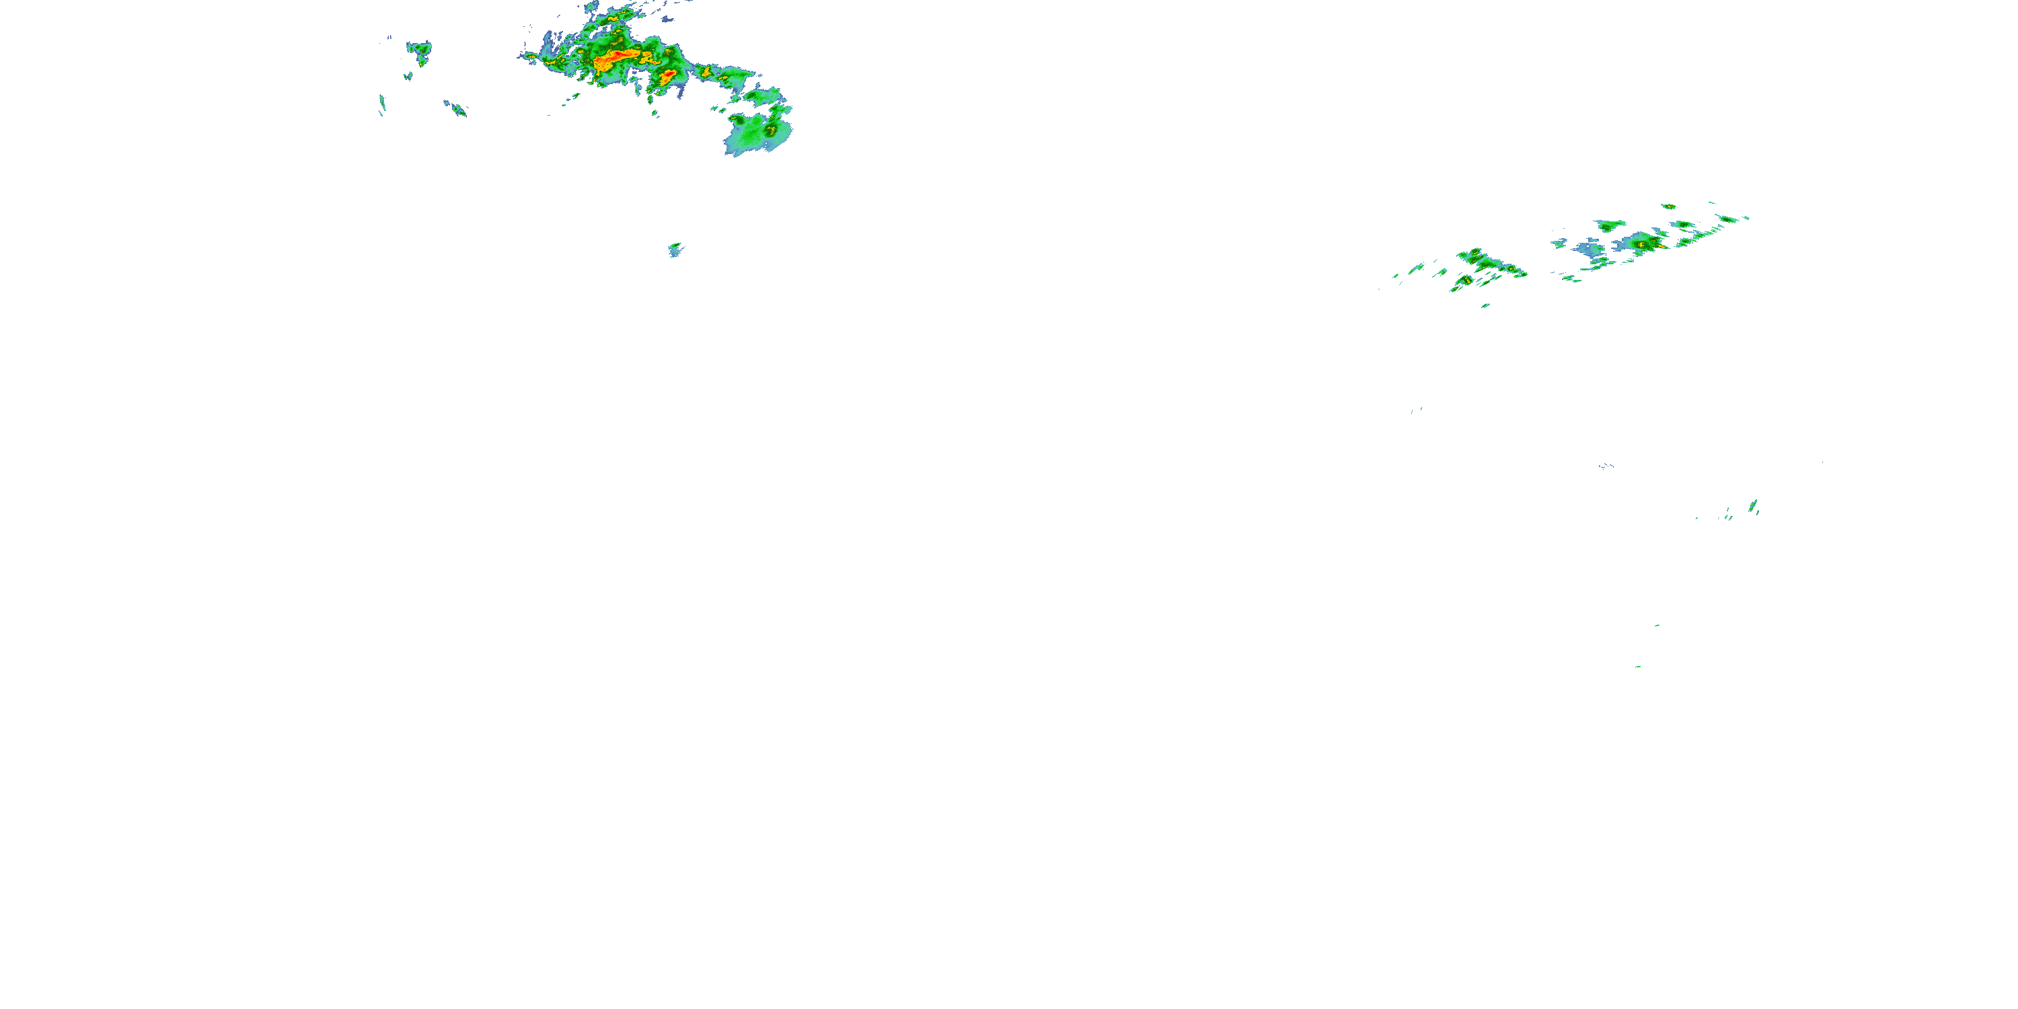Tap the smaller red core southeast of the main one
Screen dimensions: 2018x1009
tap(668, 75)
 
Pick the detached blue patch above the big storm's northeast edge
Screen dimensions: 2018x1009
tap(667, 18)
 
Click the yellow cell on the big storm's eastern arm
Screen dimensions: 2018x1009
tap(705, 73)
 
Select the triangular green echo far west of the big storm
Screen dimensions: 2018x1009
tap(420, 50)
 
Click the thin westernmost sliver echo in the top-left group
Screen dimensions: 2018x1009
tap(382, 104)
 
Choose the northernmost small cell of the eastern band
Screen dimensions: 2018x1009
tap(1669, 207)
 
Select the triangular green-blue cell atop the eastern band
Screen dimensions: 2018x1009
tap(1610, 225)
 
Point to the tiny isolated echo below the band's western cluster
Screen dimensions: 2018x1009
tap(1484, 305)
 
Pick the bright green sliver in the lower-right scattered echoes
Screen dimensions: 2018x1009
tap(1752, 506)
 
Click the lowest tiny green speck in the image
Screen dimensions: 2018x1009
tap(1637, 667)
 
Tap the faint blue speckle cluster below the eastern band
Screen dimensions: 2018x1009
tap(1606, 466)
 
